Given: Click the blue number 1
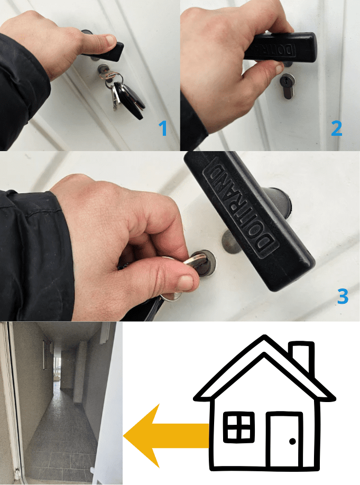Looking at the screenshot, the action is pos(163,128).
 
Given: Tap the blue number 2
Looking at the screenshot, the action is pos(336,128).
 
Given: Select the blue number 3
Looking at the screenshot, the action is pos(343,296).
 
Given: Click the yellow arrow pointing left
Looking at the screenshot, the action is pos(166,435).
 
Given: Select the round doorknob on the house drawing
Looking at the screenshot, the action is pos(292,441).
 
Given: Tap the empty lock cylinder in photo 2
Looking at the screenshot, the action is pos(287,86).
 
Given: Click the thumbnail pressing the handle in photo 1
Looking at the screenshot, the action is pos(110,40).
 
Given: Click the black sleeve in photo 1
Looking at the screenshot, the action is pos(22,90).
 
